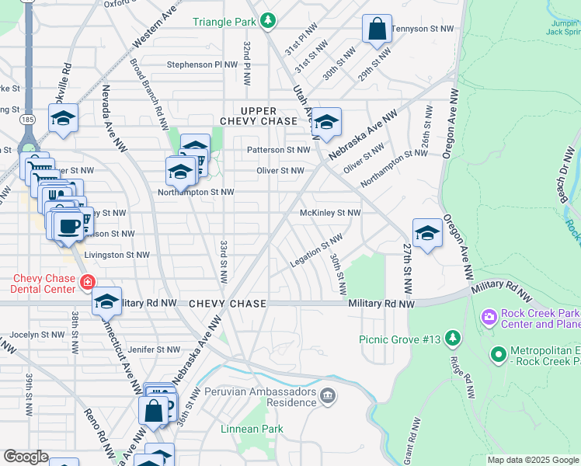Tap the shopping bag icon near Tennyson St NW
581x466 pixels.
coord(377,30)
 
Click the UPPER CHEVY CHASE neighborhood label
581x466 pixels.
coord(259,116)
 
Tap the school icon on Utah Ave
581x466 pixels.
coord(327,122)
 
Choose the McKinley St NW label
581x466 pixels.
coord(331,213)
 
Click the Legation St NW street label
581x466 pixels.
coord(316,252)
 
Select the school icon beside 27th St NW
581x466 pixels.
coord(427,233)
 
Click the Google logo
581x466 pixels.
coord(26,457)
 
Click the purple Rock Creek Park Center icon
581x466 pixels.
coord(489,317)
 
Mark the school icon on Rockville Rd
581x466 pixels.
coord(63,118)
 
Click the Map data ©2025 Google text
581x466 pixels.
coord(533,460)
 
